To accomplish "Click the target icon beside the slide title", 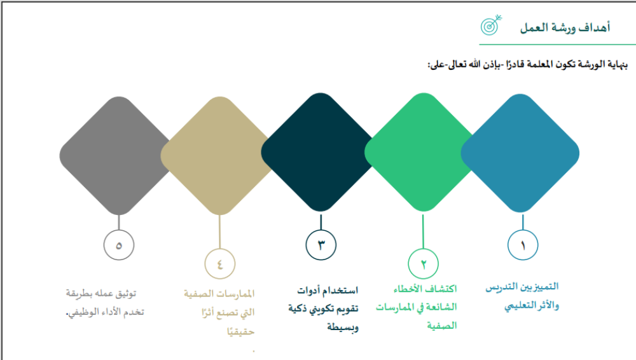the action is pyautogui.click(x=491, y=25).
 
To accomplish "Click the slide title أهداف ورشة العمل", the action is pyautogui.click(x=565, y=27).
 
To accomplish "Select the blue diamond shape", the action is pyautogui.click(x=520, y=153).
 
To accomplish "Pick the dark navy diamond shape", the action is pyautogui.click(x=321, y=152).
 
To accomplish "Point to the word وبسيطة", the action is pyautogui.click(x=343, y=327).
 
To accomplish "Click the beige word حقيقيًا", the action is pyautogui.click(x=241, y=331).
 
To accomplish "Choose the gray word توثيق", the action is pyautogui.click(x=126, y=293).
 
